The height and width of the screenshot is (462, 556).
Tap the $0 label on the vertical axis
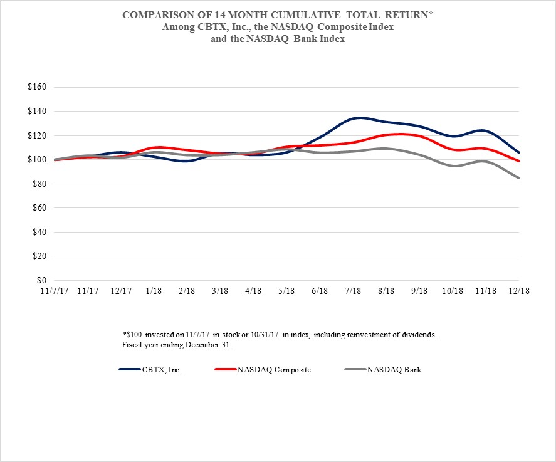coord(42,280)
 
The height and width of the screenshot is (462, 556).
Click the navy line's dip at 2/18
coord(187,161)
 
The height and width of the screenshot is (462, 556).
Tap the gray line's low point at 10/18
coord(453,166)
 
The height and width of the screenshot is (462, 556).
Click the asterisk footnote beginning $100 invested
coord(279,335)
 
